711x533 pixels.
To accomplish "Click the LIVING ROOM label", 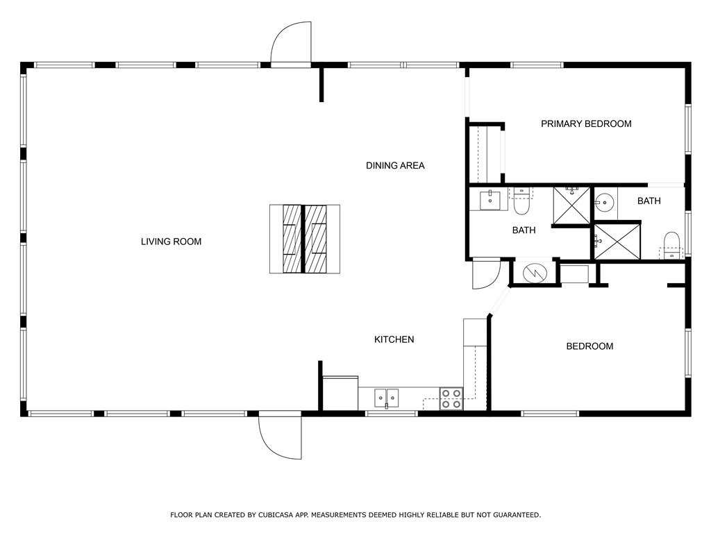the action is tap(171, 242).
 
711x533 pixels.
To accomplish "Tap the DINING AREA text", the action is tap(395, 165).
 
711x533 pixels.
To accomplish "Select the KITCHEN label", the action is tap(394, 339).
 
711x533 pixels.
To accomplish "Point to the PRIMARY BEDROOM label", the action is tap(586, 124).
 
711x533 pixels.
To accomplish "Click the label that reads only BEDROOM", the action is tap(589, 346).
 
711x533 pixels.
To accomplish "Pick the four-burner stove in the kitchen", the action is tap(451, 399).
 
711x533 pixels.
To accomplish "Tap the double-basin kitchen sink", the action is tap(386, 398).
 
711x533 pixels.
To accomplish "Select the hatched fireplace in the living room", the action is tap(305, 239).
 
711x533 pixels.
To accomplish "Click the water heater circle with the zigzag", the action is tap(535, 272).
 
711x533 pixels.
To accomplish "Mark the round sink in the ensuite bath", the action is tap(604, 202).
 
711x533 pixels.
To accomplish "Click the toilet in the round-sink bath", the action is tap(672, 246).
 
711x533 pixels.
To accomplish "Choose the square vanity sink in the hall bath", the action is tap(490, 200).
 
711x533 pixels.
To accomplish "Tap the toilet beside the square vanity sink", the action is tap(521, 202).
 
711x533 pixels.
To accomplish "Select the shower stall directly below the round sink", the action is tap(617, 241).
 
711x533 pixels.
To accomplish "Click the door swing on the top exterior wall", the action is tap(291, 44).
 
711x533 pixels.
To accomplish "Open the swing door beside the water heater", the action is tap(485, 273).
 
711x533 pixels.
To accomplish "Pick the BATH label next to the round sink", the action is tap(649, 201).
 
